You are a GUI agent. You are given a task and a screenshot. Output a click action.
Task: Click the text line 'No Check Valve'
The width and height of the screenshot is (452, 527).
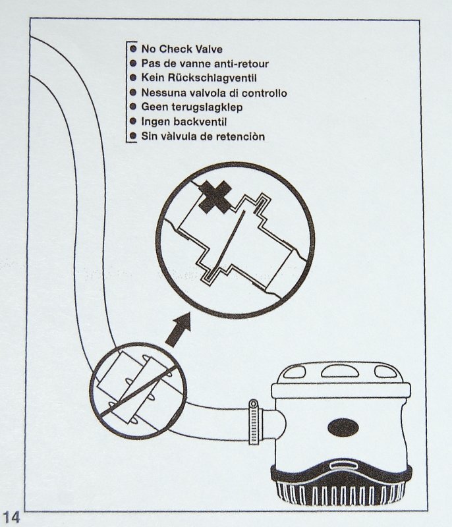pyautogui.click(x=182, y=49)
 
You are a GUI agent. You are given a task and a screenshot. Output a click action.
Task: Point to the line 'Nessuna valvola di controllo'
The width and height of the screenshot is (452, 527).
pyautogui.click(x=214, y=94)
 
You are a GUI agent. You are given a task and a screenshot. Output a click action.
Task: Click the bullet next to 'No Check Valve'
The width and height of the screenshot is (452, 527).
pyautogui.click(x=134, y=49)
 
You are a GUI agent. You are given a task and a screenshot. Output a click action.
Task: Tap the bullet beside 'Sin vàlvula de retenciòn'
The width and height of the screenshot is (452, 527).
pyautogui.click(x=134, y=137)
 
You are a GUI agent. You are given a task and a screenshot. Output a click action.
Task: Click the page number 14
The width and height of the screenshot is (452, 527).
pyautogui.click(x=13, y=514)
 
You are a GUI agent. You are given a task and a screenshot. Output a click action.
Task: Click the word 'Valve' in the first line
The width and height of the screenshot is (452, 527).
pyautogui.click(x=206, y=49)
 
